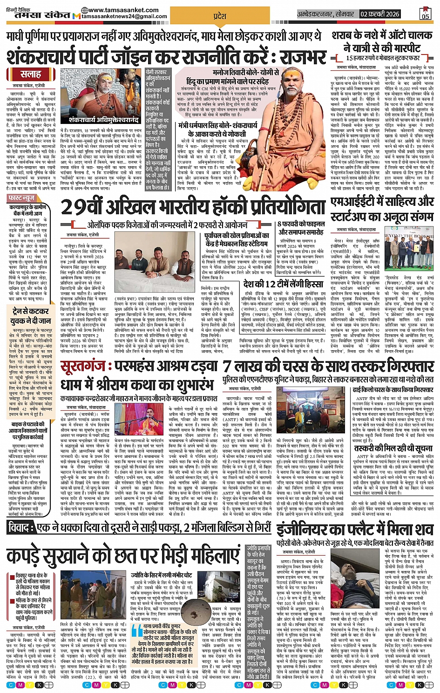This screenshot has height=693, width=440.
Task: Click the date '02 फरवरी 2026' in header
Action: point(380,14)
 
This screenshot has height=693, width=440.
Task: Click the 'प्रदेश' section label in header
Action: point(219,16)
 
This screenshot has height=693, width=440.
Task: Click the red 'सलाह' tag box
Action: point(30,75)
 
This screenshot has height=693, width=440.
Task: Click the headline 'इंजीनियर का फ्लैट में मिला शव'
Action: point(355,530)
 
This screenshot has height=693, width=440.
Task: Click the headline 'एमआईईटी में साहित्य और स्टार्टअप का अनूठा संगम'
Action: point(382,210)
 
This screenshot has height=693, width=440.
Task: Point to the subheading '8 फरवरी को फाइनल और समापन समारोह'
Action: point(300,228)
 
